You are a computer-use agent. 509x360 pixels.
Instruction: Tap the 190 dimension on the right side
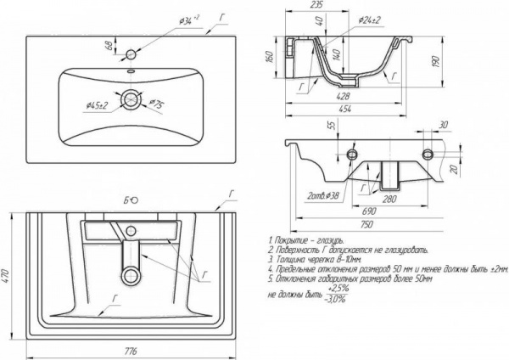pos(433,62)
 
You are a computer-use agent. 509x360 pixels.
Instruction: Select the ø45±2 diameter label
pos(98,104)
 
